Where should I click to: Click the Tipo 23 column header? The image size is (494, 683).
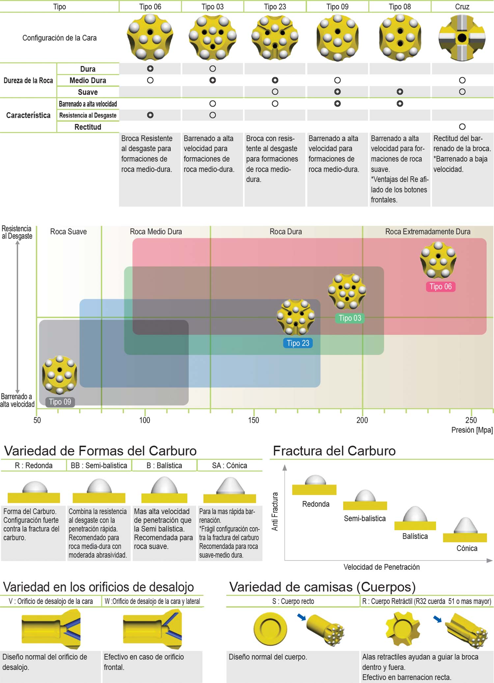pos(275,7)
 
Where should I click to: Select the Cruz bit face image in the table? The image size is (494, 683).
pos(462,38)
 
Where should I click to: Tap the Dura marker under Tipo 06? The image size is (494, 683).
pos(150,69)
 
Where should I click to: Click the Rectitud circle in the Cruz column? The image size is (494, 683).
pos(462,127)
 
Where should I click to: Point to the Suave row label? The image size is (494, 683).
pos(88,92)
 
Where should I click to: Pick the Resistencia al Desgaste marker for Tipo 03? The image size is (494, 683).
pos(213,115)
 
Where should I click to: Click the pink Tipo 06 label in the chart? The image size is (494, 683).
pos(440,287)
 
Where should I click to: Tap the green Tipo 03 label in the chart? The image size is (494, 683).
pos(350,318)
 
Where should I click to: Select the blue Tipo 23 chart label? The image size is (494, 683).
pos(298,343)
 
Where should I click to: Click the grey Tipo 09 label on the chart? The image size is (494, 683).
pos(60,402)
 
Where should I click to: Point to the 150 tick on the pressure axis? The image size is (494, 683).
pos(254,420)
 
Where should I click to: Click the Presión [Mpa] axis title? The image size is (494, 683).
pos(472,430)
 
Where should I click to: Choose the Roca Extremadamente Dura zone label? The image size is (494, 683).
pos(427,232)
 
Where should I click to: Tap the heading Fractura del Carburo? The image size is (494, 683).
pos(334,451)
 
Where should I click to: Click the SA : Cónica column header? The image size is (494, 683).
pos(230,465)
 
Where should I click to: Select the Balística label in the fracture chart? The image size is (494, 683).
pos(415,536)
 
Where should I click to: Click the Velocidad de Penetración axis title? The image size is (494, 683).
pos(381,567)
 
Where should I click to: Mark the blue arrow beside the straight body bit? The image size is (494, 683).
pos(301,617)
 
